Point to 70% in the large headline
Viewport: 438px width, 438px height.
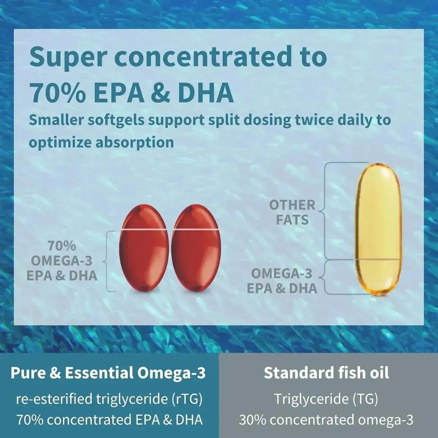pos(58,92)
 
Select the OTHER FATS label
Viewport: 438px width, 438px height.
pos(292,212)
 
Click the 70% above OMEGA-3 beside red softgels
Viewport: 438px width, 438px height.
pos(62,246)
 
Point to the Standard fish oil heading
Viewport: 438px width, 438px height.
pos(327,373)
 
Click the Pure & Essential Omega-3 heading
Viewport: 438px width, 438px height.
pos(108,373)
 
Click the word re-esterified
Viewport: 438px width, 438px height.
pos(54,399)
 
